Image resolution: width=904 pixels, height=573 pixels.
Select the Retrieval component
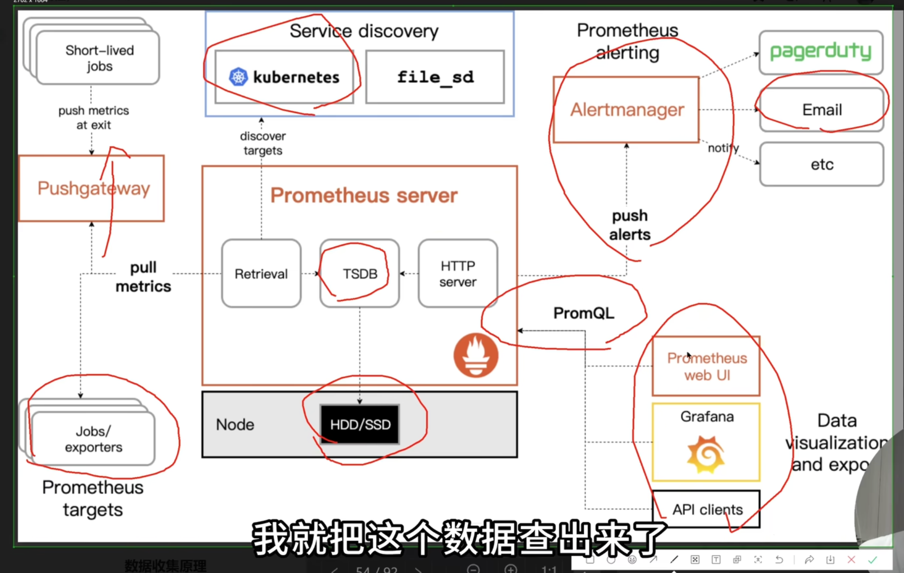coord(261,273)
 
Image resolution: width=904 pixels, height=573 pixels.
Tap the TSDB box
coord(360,273)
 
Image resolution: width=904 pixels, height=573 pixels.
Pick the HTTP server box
coord(458,273)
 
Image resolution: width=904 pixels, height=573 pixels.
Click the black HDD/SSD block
coord(360,424)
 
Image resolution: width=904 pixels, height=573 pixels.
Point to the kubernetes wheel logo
coord(239,77)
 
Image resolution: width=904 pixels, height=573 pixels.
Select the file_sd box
coord(435,77)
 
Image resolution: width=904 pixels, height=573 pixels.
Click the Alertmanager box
coord(626,110)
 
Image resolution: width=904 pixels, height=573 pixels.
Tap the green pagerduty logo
coord(820,51)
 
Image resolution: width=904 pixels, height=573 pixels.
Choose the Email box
coord(821,110)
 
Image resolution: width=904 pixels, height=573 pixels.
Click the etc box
coord(821,164)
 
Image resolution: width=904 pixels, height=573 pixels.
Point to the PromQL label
coord(583,313)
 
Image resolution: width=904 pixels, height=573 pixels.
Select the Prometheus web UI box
coord(706,366)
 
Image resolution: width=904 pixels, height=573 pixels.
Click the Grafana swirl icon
coord(706,454)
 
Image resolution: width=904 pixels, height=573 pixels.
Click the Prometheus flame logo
coord(476,355)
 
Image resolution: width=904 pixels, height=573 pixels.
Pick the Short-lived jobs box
coord(98,58)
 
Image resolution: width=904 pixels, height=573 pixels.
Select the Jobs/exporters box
coord(93,439)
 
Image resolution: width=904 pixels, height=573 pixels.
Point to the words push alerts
coord(630,225)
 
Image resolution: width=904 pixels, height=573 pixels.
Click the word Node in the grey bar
coord(235,424)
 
